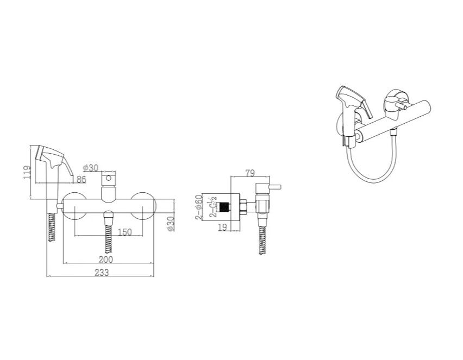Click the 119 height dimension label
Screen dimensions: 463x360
point(27,172)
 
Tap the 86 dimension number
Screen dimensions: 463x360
point(81,179)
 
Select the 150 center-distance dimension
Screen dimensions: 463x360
point(124,232)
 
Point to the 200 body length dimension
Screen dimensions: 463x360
point(106,260)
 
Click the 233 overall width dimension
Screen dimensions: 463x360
point(102,273)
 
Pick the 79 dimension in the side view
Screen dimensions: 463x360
point(250,173)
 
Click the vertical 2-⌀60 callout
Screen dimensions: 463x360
point(199,206)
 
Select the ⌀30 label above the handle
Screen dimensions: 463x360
point(91,168)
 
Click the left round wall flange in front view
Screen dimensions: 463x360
point(74,206)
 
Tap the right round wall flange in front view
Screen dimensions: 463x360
point(143,206)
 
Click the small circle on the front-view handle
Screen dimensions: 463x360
point(108,178)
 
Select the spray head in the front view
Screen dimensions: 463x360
point(53,165)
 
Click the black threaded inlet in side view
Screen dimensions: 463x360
point(224,206)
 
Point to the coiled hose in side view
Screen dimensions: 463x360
point(262,239)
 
